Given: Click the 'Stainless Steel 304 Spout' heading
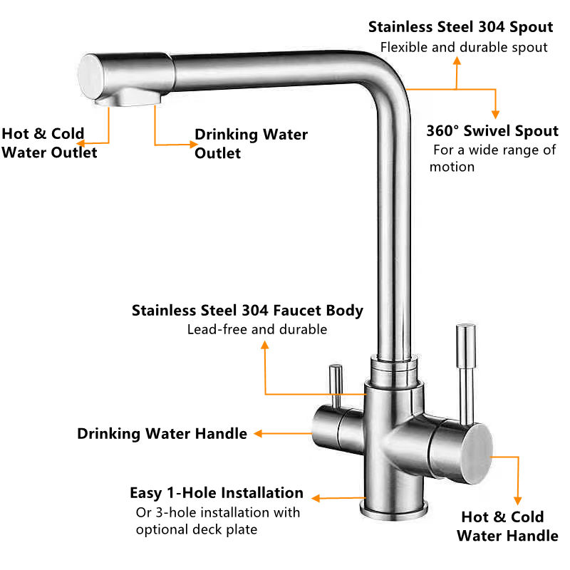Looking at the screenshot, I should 460,27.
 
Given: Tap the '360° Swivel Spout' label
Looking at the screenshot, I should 492,131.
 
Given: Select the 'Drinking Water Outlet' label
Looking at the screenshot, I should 251,143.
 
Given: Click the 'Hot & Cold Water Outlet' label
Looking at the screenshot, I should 48,142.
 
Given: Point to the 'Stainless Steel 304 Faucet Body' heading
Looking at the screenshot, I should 247,311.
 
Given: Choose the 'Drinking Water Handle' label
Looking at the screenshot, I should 162,433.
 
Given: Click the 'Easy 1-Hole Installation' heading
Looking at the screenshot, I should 216,493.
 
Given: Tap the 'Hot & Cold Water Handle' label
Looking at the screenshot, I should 507,527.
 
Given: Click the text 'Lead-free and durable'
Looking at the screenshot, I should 257,329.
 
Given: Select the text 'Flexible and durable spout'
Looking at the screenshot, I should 464,47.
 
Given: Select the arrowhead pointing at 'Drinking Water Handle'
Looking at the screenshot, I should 260,433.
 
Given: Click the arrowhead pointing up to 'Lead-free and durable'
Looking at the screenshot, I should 265,346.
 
